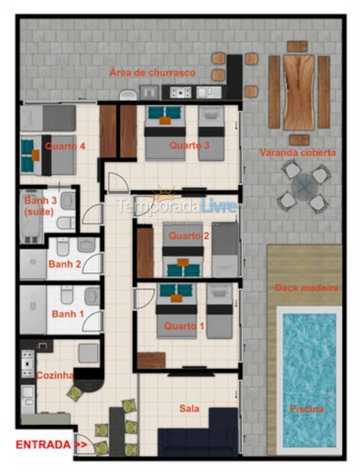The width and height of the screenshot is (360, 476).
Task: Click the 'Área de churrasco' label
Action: point(153,73)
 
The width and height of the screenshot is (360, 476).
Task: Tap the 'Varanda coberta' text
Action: point(297,153)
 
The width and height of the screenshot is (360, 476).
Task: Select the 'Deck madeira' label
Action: point(306,288)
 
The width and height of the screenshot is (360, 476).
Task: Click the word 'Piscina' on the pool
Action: point(306,409)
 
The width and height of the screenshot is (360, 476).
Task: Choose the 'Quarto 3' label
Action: point(189,145)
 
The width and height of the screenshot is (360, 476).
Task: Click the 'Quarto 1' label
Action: point(180,326)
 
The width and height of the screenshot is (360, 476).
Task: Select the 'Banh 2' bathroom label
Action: point(64,264)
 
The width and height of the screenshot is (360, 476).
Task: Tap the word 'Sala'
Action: point(189,409)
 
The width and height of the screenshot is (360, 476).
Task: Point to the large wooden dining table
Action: point(299,92)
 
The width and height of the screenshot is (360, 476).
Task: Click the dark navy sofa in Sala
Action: point(199,434)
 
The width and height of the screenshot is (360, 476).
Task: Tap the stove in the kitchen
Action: point(28,364)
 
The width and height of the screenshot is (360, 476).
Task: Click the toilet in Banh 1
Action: point(67,295)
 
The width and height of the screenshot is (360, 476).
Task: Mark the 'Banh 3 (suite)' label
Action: point(40,205)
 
